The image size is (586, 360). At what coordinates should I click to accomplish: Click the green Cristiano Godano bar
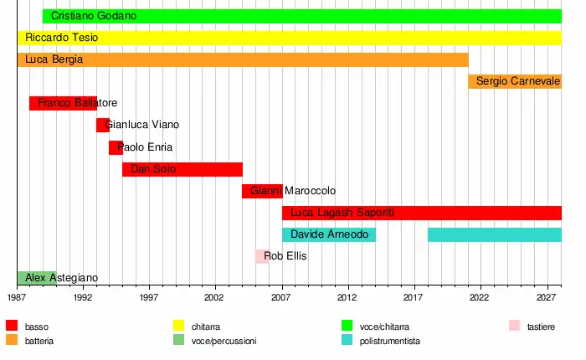tap(301, 16)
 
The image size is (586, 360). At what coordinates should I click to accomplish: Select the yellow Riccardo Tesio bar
tap(289, 38)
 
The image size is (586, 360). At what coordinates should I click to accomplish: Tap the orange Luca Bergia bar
tap(243, 59)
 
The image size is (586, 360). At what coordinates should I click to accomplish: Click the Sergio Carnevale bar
tap(515, 81)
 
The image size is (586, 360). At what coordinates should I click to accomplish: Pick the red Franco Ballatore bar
tap(63, 103)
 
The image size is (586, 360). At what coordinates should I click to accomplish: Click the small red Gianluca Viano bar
tap(102, 125)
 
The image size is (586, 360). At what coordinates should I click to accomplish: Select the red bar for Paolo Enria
tap(116, 147)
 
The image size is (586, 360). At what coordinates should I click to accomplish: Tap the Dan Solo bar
tap(182, 169)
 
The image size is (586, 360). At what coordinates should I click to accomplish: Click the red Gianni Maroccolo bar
tap(262, 191)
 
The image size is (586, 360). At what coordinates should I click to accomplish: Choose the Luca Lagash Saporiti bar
tap(421, 213)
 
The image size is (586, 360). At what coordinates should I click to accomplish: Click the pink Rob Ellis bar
tap(262, 256)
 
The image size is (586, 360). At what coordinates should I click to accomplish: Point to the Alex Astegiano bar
tap(37, 278)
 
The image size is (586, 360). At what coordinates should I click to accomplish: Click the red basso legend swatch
tap(12, 326)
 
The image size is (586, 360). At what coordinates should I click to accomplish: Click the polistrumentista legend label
tap(389, 342)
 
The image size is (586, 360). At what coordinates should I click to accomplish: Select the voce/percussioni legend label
tap(224, 342)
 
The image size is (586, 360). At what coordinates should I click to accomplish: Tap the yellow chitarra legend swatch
tap(178, 326)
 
